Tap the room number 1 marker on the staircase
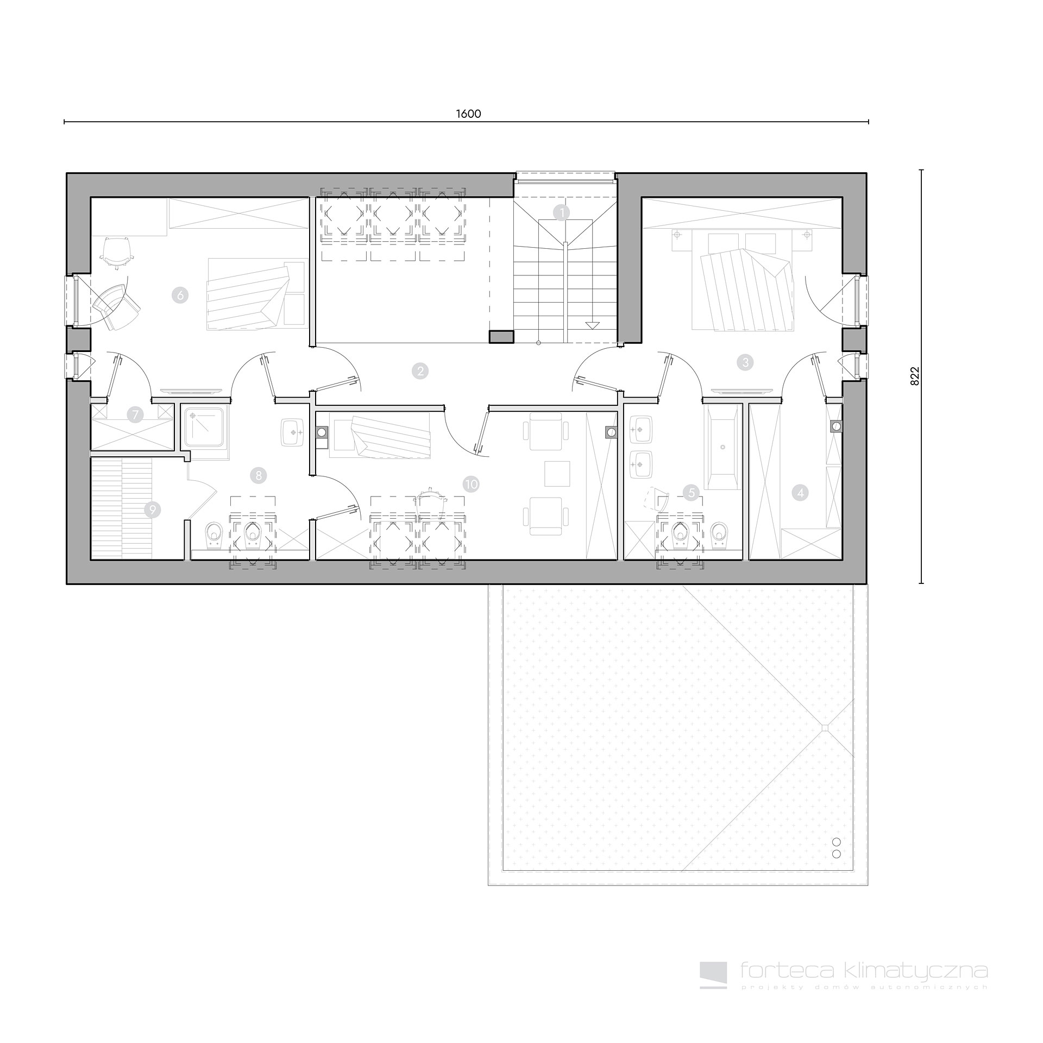pos(562,212)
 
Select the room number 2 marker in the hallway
pos(420,371)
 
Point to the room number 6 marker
pos(179,296)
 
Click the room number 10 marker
pos(472,484)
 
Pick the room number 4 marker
pos(800,493)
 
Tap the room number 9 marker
pos(153,510)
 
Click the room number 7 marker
pos(135,416)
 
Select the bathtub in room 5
pos(722,447)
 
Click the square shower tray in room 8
pos(208,428)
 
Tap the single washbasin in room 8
pos(294,433)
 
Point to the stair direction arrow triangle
pos(592,325)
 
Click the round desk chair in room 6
pos(117,252)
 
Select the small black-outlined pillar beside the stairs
pos(501,337)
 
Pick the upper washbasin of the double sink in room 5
pos(644,430)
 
